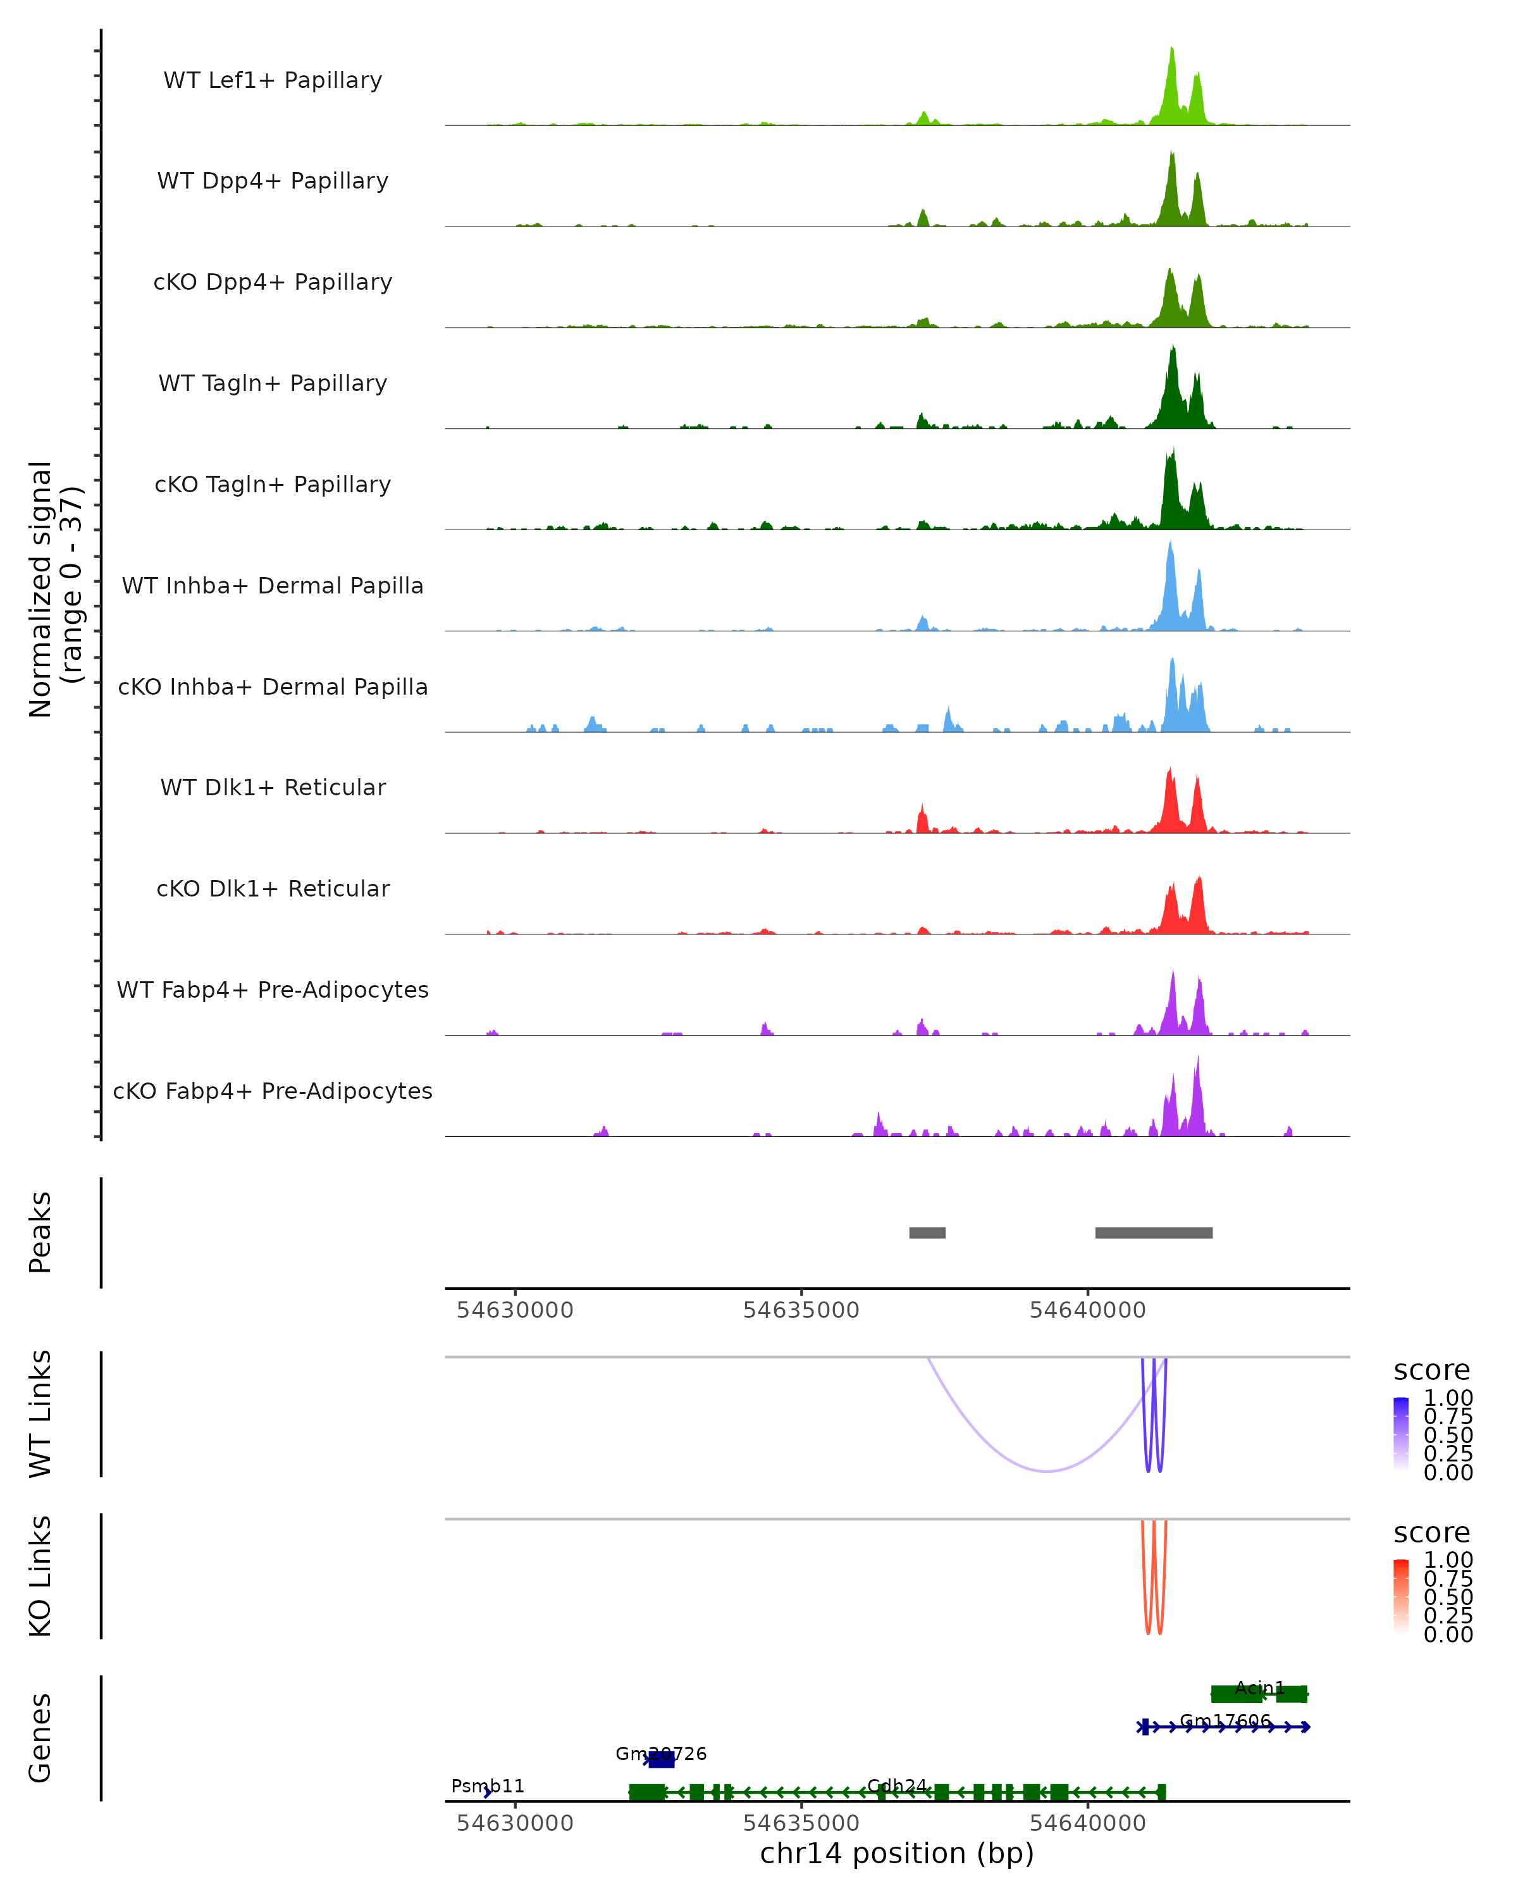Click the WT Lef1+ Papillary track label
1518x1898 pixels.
pos(273,80)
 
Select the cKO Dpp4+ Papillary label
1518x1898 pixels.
pos(273,282)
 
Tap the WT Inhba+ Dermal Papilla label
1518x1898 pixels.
pos(273,585)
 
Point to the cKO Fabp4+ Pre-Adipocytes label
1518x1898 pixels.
pos(273,1091)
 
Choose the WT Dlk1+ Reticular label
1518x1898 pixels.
pos(273,787)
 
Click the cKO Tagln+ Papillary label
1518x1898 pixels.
pos(273,484)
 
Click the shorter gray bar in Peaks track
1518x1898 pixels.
pos(927,1232)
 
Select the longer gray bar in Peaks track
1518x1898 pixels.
pos(1154,1232)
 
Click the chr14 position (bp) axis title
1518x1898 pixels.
pos(897,1853)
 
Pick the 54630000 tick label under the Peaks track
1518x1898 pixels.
pos(515,1310)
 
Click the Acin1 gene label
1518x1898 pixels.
pos(1259,1687)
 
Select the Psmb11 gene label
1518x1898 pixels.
pos(488,1786)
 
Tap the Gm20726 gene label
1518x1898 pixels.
pos(661,1754)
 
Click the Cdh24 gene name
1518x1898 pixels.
pos(897,1785)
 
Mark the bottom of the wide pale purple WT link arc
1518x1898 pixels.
pos(1046,1471)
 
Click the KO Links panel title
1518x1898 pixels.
pos(40,1576)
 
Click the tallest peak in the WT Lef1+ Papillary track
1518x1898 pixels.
pos(1171,51)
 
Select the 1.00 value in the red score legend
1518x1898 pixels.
pos(1448,1560)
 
